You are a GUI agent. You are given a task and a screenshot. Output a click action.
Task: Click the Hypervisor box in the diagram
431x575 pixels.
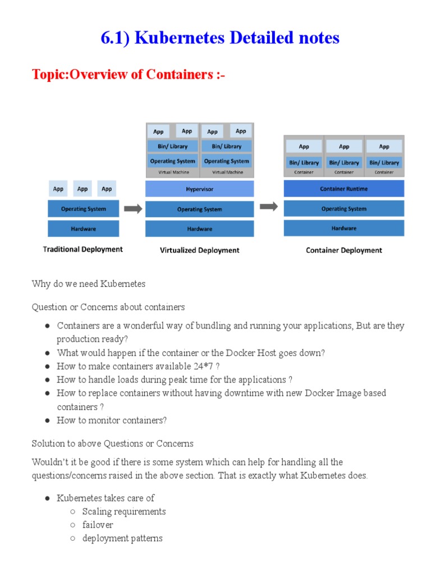(199, 189)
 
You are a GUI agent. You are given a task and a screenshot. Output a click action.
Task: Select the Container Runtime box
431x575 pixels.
(343, 189)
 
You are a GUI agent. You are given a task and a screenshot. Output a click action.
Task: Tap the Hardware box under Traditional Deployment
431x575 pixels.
(83, 229)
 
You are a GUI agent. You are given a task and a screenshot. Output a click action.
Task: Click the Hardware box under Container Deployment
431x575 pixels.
(343, 228)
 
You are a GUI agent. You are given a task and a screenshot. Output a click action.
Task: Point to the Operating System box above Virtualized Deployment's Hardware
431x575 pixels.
(199, 209)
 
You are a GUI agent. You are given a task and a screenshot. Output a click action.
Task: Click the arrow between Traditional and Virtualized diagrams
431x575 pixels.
(132, 209)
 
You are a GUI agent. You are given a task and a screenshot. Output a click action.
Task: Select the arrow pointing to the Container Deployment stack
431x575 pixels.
(269, 207)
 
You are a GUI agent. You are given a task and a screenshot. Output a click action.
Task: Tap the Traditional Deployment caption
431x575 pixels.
(82, 249)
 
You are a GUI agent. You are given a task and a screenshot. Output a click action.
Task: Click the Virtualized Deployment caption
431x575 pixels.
(199, 250)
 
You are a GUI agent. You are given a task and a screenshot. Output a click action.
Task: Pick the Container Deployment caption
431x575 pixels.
(343, 250)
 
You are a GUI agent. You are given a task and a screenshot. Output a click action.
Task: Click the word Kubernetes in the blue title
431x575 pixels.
(180, 38)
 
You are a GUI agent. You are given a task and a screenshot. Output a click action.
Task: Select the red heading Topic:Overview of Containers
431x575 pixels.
(129, 74)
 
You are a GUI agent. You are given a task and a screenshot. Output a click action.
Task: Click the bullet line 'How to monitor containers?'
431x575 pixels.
(112, 420)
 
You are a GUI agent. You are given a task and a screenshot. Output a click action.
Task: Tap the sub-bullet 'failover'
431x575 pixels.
(98, 524)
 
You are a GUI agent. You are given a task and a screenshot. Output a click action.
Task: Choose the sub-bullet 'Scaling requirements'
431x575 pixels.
(123, 511)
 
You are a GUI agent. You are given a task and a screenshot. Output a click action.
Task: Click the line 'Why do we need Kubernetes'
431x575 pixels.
(89, 284)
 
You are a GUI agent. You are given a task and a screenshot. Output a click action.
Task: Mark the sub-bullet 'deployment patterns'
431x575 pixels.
(122, 538)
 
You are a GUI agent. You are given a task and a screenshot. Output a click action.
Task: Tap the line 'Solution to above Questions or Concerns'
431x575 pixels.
(113, 443)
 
